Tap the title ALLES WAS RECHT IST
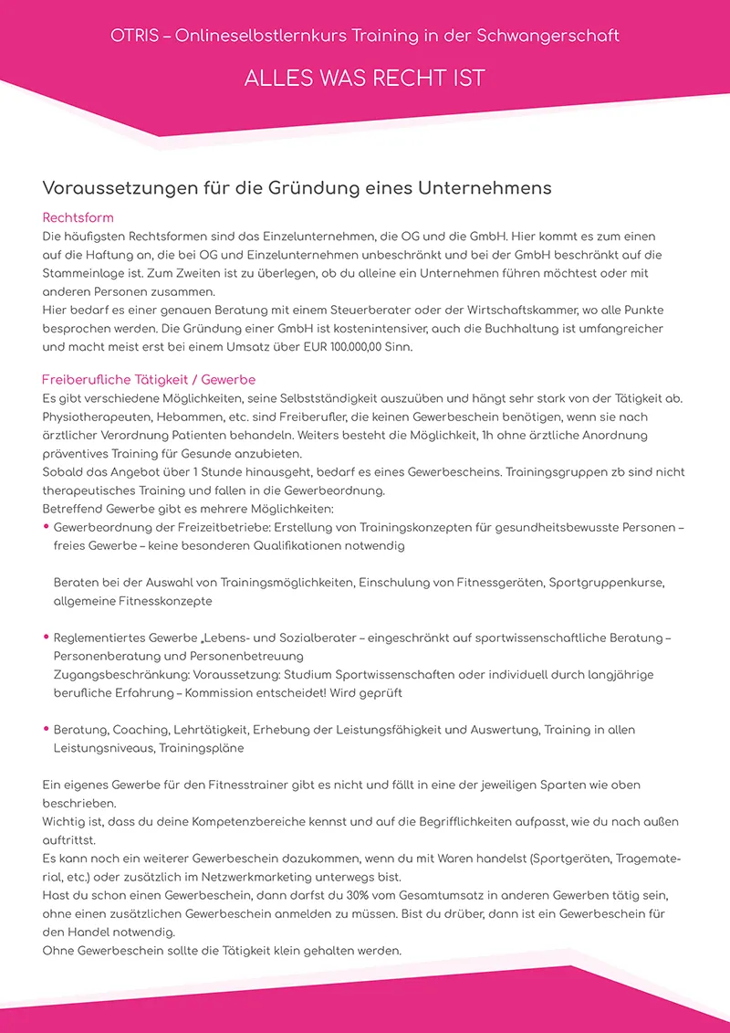tap(364, 79)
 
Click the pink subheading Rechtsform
tap(78, 218)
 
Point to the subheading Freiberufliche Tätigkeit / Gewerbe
tap(149, 379)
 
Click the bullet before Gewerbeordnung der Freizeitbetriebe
tap(47, 527)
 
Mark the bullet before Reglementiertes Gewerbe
tap(47, 637)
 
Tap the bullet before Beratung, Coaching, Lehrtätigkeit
tap(47, 729)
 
